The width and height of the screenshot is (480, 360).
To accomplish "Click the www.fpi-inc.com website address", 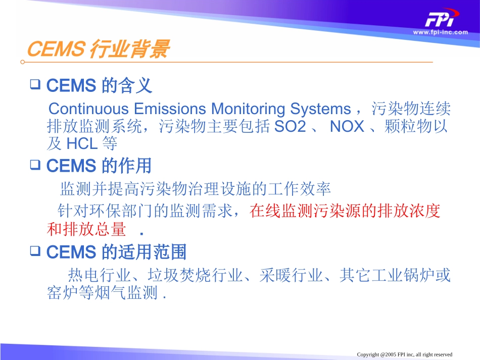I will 440,32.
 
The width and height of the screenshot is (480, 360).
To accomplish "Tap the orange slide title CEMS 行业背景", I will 97,50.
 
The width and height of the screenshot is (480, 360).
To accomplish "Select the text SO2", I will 290,127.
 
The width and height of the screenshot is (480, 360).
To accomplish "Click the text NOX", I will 347,127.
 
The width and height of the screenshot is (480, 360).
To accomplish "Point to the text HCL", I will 82,144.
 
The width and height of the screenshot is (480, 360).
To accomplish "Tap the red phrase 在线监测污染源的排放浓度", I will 345,212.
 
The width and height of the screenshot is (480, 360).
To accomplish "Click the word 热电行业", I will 100,276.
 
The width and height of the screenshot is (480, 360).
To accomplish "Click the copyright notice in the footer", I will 404,354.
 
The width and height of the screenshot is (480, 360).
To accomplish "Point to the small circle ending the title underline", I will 22,62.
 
